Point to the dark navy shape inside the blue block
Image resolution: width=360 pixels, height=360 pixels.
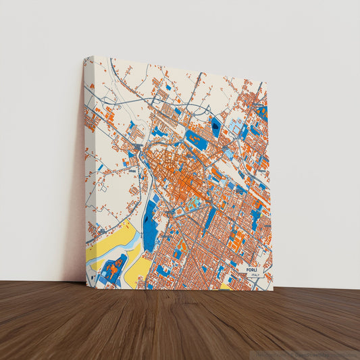click(x=215, y=126)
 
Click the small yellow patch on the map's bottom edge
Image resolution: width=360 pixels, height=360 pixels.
click(x=225, y=286)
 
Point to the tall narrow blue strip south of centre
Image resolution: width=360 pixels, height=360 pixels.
click(x=210, y=217)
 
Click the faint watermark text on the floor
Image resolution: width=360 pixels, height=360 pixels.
click(x=307, y=354)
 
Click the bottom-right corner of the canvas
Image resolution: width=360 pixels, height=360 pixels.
click(x=272, y=290)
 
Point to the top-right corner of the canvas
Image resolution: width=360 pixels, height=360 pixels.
click(x=267, y=83)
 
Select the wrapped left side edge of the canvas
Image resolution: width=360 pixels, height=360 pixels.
click(x=88, y=169)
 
